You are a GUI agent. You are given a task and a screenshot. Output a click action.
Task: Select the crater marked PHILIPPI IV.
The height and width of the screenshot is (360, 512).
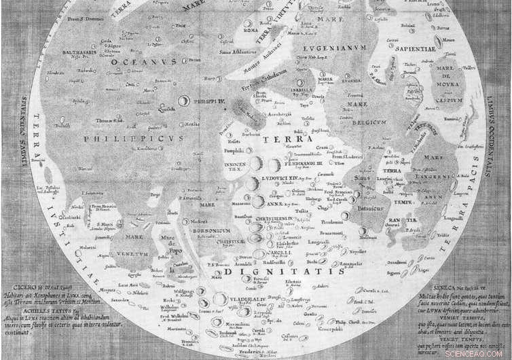click(x=184, y=100)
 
